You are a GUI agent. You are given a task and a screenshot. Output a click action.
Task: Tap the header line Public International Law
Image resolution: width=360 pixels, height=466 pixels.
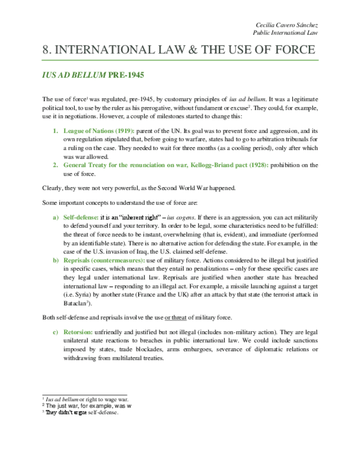[289, 33]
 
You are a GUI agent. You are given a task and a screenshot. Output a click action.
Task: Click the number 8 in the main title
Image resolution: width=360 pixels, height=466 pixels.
[46, 50]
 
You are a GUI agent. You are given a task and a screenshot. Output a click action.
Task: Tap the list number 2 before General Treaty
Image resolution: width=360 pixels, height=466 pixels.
[55, 165]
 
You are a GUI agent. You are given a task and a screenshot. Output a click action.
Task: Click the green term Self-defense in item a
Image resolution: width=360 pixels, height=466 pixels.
[80, 217]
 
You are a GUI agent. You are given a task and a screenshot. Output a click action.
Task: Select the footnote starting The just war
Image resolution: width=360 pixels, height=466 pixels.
[88, 406]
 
